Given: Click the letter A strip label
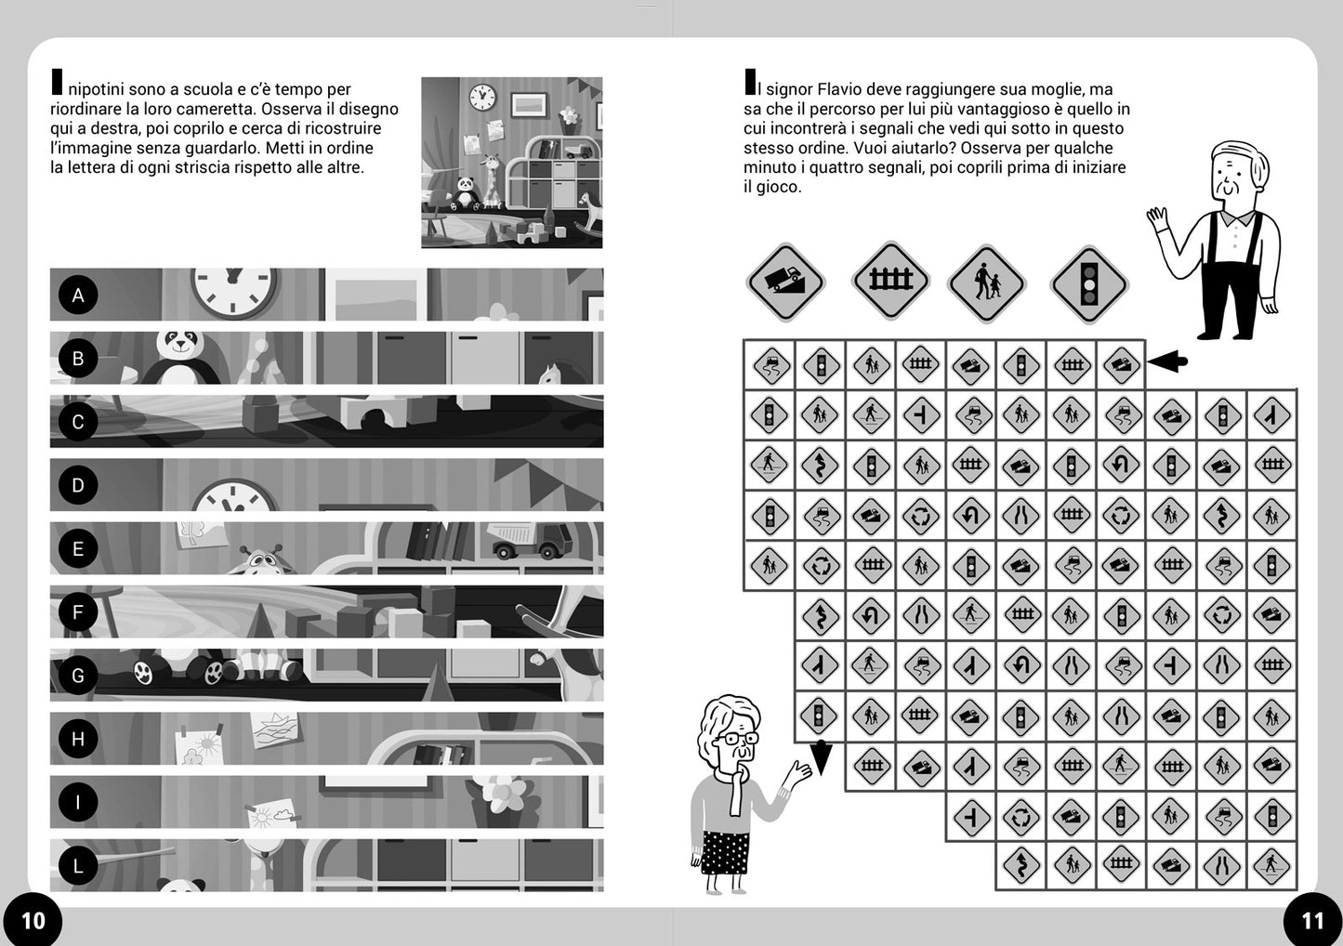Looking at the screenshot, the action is tap(78, 295).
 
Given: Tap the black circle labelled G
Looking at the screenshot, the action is tap(78, 675).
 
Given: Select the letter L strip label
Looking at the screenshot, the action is tap(78, 865).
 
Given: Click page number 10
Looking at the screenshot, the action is tap(33, 920).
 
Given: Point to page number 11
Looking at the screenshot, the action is tap(1311, 920).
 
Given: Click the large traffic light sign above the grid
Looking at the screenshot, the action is tap(1088, 284).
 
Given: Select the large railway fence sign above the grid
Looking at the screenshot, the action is tap(890, 280).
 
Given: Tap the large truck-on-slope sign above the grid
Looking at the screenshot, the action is tap(785, 282).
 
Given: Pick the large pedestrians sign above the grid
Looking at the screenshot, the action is tap(986, 283).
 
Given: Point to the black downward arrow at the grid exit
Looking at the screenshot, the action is tap(821, 757).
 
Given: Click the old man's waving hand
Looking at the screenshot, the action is tap(1157, 217).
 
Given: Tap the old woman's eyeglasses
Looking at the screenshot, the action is tap(740, 737).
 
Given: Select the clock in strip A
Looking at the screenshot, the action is tap(234, 292).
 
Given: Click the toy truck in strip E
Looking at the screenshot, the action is tap(530, 540).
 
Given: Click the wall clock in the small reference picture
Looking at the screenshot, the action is tap(482, 98).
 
